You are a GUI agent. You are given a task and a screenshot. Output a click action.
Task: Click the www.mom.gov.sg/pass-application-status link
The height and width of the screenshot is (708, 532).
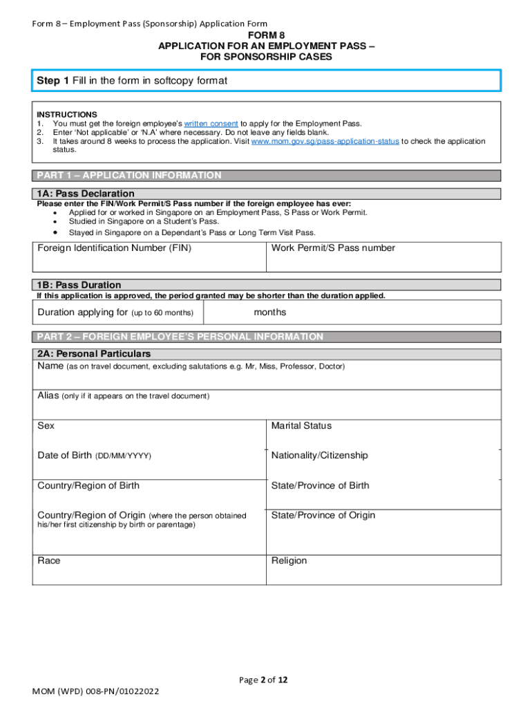pyautogui.click(x=325, y=141)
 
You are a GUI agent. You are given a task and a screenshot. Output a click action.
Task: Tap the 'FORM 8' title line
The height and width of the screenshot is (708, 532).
pyautogui.click(x=266, y=35)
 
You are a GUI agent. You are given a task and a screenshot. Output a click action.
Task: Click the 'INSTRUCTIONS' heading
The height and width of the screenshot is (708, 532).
pyautogui.click(x=67, y=114)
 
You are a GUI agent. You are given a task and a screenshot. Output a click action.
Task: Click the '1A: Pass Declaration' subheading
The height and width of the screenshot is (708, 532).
pyautogui.click(x=86, y=194)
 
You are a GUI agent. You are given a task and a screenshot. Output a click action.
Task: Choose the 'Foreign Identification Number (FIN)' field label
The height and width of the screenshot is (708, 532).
pyautogui.click(x=115, y=248)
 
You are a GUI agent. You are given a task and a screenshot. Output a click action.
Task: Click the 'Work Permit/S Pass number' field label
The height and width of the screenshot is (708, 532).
pyautogui.click(x=333, y=248)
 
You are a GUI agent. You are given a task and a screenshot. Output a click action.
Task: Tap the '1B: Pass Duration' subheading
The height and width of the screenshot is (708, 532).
pyautogui.click(x=79, y=285)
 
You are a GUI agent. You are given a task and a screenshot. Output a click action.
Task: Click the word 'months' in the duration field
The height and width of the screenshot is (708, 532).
pyautogui.click(x=270, y=313)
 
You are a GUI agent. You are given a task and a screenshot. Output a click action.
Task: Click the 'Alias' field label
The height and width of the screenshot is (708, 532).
pyautogui.click(x=48, y=395)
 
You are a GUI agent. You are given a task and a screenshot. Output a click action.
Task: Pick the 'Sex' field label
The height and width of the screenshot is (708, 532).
pyautogui.click(x=46, y=426)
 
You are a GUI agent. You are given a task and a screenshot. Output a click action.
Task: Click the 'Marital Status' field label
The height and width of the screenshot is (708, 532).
pyautogui.click(x=301, y=426)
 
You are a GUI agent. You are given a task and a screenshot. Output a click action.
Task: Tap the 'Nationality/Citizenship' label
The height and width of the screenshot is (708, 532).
pyautogui.click(x=320, y=456)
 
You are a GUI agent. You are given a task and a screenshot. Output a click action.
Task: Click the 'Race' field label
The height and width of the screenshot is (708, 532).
pyautogui.click(x=48, y=561)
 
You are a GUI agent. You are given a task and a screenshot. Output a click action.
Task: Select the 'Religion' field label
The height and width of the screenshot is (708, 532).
pyautogui.click(x=289, y=561)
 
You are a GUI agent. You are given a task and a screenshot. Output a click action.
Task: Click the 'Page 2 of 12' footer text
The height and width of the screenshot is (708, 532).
pyautogui.click(x=263, y=680)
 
